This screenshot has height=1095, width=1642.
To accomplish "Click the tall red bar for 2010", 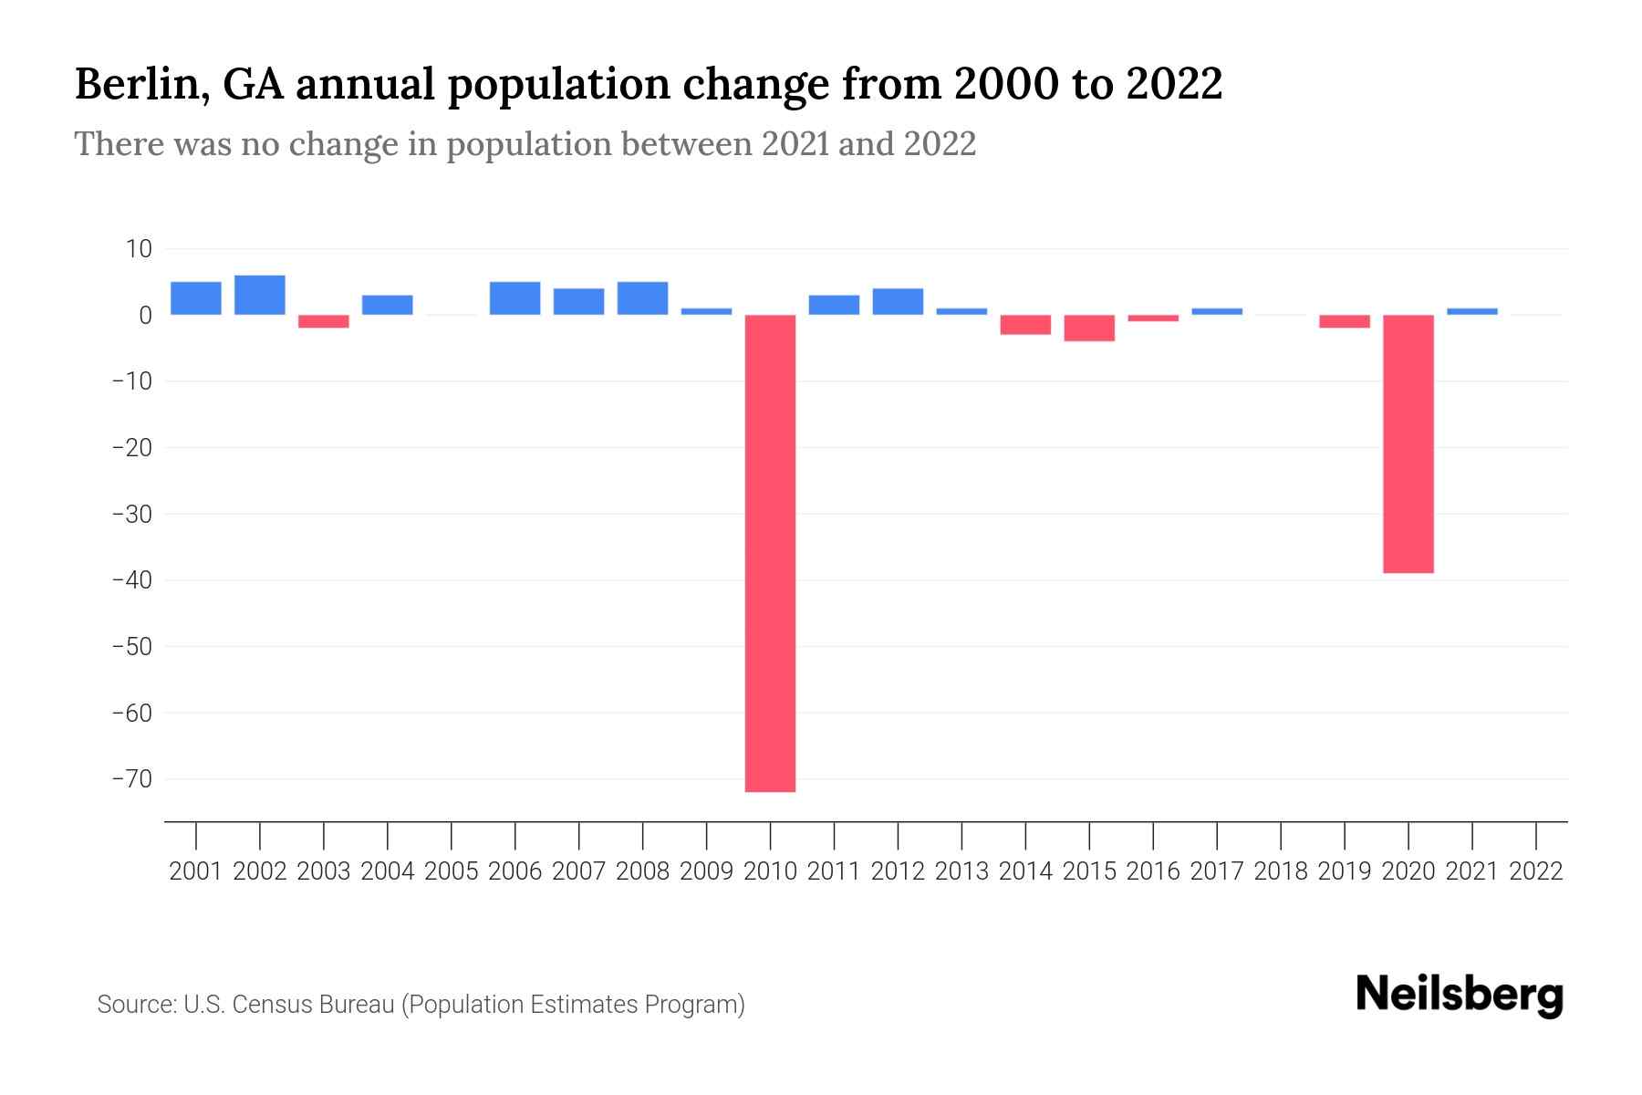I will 770,553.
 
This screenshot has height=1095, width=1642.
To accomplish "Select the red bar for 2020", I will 1408,443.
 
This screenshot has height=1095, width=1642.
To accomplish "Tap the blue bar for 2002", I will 260,295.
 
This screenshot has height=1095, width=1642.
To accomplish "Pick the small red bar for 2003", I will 324,321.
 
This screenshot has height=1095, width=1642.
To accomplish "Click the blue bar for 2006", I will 514,298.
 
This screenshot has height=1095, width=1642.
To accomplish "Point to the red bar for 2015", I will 1089,328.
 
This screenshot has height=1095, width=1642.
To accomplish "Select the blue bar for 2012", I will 898,301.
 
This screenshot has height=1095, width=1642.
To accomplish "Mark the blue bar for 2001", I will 196,298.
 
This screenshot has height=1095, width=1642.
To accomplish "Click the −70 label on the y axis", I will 131,778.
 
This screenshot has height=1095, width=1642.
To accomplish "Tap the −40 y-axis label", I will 131,580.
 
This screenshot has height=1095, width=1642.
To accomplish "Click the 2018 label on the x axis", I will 1281,871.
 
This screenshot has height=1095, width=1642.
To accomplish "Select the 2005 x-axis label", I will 452,871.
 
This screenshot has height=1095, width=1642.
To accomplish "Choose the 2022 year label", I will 1536,871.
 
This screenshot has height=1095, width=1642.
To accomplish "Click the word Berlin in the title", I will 140,85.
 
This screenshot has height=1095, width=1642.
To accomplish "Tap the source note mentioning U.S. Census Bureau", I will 421,1005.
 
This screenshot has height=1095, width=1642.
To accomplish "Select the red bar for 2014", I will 1025,324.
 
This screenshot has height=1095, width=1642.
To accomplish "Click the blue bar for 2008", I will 642,298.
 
